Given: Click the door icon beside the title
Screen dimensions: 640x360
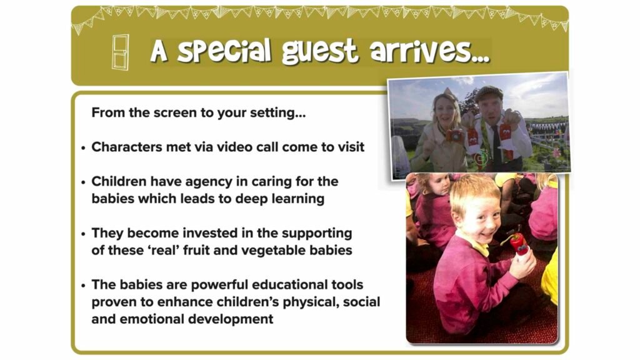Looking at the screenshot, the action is [x=121, y=52].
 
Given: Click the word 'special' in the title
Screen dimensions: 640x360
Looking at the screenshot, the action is [x=224, y=51].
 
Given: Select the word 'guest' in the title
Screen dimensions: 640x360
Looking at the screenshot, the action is [x=320, y=52].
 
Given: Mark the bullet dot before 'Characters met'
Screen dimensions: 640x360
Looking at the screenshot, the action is [x=83, y=148].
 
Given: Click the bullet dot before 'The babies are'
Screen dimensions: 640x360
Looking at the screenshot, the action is [x=83, y=286].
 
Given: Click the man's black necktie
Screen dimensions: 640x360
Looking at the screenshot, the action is [x=496, y=144].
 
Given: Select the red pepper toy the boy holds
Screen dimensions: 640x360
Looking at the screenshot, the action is [x=517, y=244].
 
